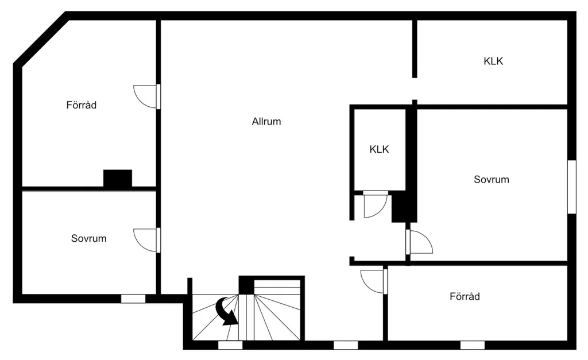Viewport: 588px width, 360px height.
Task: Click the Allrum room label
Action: pyautogui.click(x=266, y=121)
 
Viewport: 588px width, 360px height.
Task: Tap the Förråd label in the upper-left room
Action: pyautogui.click(x=82, y=104)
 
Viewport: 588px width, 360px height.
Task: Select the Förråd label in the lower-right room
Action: pyautogui.click(x=465, y=296)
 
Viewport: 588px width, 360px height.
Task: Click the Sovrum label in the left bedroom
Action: pyautogui.click(x=89, y=238)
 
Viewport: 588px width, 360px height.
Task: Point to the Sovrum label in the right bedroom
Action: pyautogui.click(x=492, y=179)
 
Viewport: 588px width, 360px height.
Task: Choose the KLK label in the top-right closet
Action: pyautogui.click(x=493, y=61)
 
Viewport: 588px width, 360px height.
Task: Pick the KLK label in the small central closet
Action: pyautogui.click(x=379, y=149)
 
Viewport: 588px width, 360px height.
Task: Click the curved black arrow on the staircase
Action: pyautogui.click(x=227, y=311)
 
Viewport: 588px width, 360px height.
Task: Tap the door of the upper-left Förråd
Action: pyautogui.click(x=147, y=97)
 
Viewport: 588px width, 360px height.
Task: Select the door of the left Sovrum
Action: pyautogui.click(x=147, y=240)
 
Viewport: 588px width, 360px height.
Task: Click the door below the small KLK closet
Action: pyautogui.click(x=376, y=204)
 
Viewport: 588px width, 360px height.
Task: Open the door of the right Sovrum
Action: pyautogui.click(x=419, y=242)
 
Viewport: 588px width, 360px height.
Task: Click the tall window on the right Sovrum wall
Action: pyautogui.click(x=571, y=187)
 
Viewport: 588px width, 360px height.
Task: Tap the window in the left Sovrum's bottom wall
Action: pyautogui.click(x=133, y=299)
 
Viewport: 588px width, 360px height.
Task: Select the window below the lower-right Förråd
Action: pyautogui.click(x=473, y=345)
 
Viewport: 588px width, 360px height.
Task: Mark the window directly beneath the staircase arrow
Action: pyautogui.click(x=230, y=345)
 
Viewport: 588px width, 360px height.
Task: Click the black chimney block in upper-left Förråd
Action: pyautogui.click(x=118, y=178)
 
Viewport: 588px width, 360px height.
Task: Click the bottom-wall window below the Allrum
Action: pyautogui.click(x=346, y=345)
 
